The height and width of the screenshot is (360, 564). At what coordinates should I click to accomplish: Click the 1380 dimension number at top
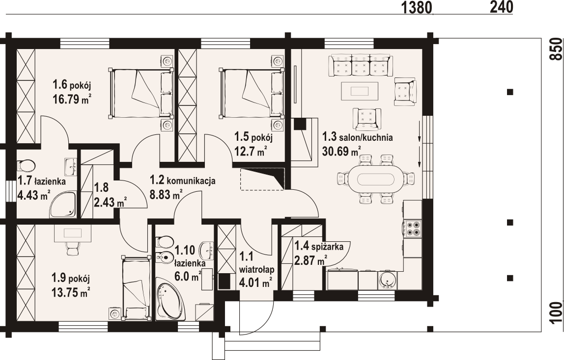click(416, 7)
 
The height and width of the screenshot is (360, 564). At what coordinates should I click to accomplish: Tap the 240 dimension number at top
click(502, 7)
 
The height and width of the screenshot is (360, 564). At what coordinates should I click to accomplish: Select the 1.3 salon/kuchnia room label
click(357, 137)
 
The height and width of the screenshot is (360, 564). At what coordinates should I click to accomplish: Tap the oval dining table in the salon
click(376, 179)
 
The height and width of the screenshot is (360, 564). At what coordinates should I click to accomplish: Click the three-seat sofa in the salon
click(360, 65)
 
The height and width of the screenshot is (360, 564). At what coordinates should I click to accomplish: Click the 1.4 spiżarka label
click(319, 247)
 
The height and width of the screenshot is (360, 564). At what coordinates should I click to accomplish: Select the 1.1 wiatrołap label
click(257, 263)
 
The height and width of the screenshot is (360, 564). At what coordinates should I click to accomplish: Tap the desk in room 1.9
click(73, 233)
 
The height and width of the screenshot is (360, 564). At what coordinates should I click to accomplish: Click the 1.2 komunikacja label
click(182, 180)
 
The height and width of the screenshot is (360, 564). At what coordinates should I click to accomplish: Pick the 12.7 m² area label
click(251, 152)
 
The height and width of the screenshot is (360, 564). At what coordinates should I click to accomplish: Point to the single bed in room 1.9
click(136, 287)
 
